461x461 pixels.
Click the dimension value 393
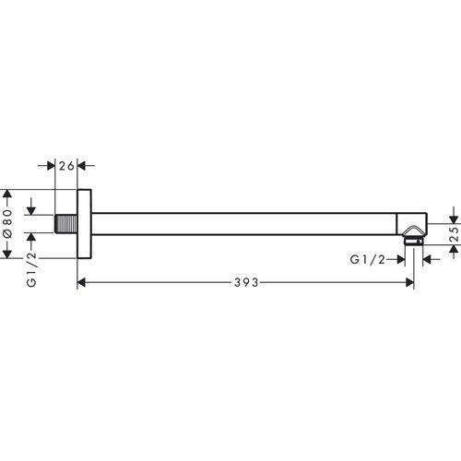point(246,282)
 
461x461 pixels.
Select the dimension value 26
point(66,166)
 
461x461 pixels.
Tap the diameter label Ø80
point(7,223)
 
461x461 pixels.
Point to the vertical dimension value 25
point(455,234)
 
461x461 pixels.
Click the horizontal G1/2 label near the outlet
point(368,260)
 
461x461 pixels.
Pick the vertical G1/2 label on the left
point(31,269)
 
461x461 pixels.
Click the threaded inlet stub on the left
point(65,223)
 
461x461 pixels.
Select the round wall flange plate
point(84,224)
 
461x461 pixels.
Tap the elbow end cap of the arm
point(412,224)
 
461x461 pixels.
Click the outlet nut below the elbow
point(413,241)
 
